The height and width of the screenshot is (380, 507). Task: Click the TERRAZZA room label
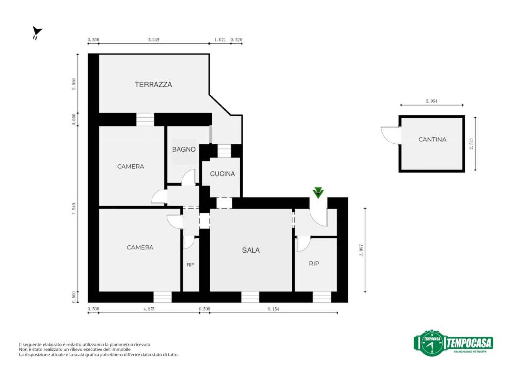[153, 85]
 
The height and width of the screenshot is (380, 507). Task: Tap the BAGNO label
[184, 149]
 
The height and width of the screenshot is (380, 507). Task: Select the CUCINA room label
[222, 174]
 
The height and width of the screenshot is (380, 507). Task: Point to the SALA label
[251, 250]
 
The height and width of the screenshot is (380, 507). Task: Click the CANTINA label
[432, 139]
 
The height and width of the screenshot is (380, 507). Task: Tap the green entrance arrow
[318, 192]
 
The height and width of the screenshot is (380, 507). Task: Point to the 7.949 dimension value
[74, 208]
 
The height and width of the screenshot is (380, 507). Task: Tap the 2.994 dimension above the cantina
[431, 101]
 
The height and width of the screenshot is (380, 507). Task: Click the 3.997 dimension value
[361, 250]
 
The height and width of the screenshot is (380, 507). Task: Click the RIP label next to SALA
[314, 264]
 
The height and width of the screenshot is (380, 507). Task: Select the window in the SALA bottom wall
[250, 297]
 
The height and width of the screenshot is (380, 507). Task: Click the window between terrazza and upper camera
[145, 119]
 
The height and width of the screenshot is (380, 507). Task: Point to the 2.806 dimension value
[74, 83]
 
